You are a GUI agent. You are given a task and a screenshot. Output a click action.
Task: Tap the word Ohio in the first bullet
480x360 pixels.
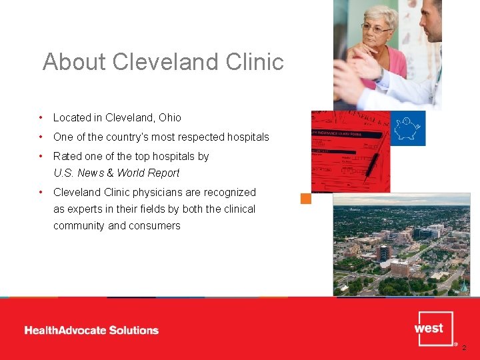click(x=169, y=117)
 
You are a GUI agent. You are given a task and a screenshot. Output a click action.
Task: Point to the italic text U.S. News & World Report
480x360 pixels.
click(x=116, y=173)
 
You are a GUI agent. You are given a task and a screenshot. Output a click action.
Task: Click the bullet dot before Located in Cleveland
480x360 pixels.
click(x=41, y=117)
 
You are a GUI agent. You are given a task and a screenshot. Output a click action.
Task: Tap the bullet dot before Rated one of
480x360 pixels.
click(x=41, y=156)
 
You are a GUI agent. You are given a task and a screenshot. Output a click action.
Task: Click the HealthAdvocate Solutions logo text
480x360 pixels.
click(x=91, y=330)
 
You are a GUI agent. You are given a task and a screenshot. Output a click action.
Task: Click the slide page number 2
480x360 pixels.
click(x=465, y=347)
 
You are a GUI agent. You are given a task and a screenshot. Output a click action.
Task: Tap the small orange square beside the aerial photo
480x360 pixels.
click(x=306, y=198)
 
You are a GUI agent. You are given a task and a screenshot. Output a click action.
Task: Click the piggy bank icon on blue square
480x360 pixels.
click(x=407, y=128)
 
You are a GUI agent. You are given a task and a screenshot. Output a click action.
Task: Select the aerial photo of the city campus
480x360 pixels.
click(x=401, y=247)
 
